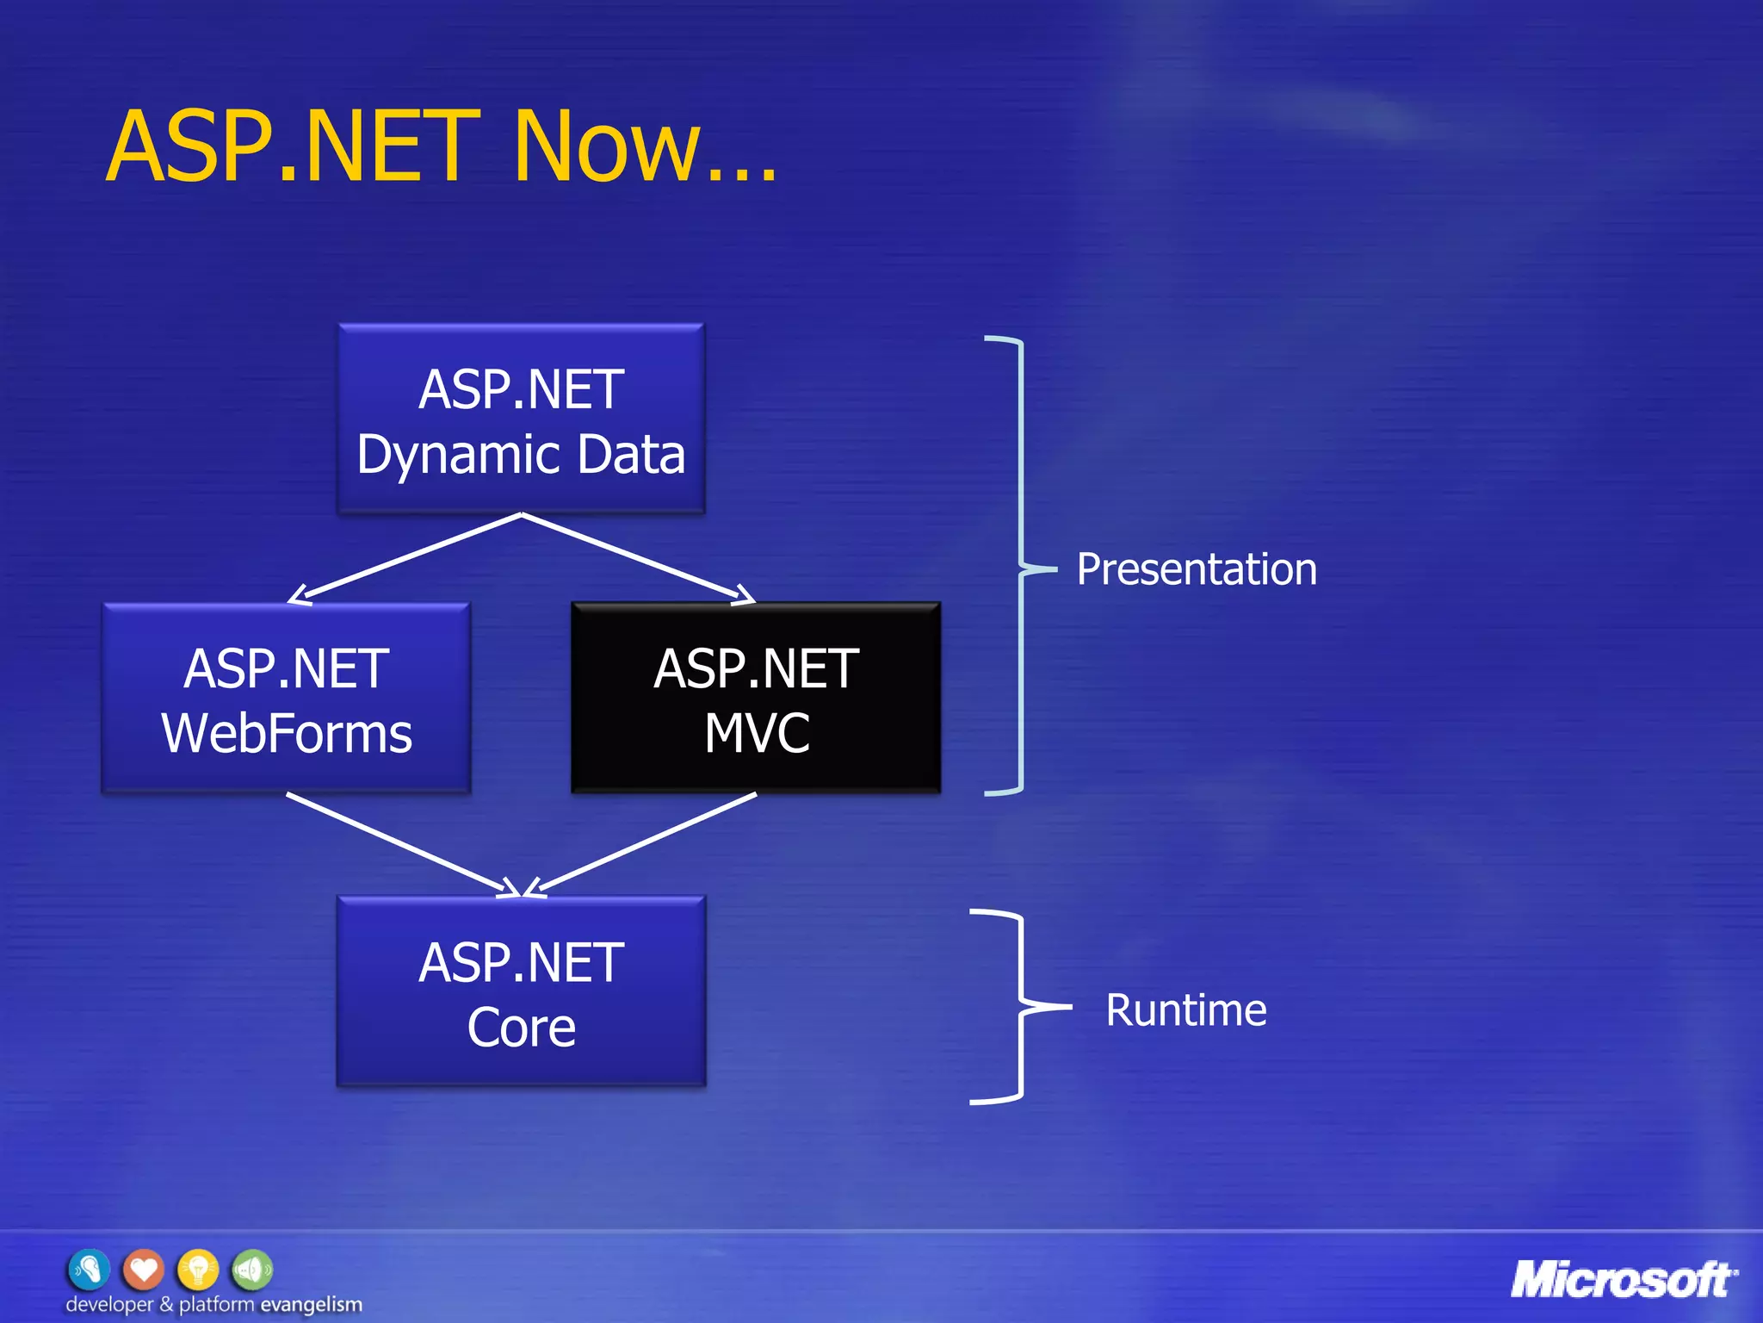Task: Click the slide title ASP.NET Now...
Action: pos(441,146)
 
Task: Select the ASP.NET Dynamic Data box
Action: pos(521,419)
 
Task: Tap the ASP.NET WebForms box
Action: pos(287,699)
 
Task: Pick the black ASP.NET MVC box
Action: pos(756,699)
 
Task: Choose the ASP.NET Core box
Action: pos(521,991)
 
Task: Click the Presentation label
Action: pos(1197,569)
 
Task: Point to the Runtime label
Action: pos(1185,1009)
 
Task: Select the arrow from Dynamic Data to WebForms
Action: pos(405,558)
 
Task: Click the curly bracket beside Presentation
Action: pos(1020,565)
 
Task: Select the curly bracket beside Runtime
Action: pos(1020,1006)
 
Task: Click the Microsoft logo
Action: pos(1623,1280)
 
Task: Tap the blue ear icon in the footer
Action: pos(89,1269)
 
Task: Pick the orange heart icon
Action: pos(143,1269)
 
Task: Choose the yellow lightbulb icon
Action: pos(198,1269)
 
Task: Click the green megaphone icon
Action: pos(252,1269)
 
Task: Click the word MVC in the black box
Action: pos(757,733)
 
